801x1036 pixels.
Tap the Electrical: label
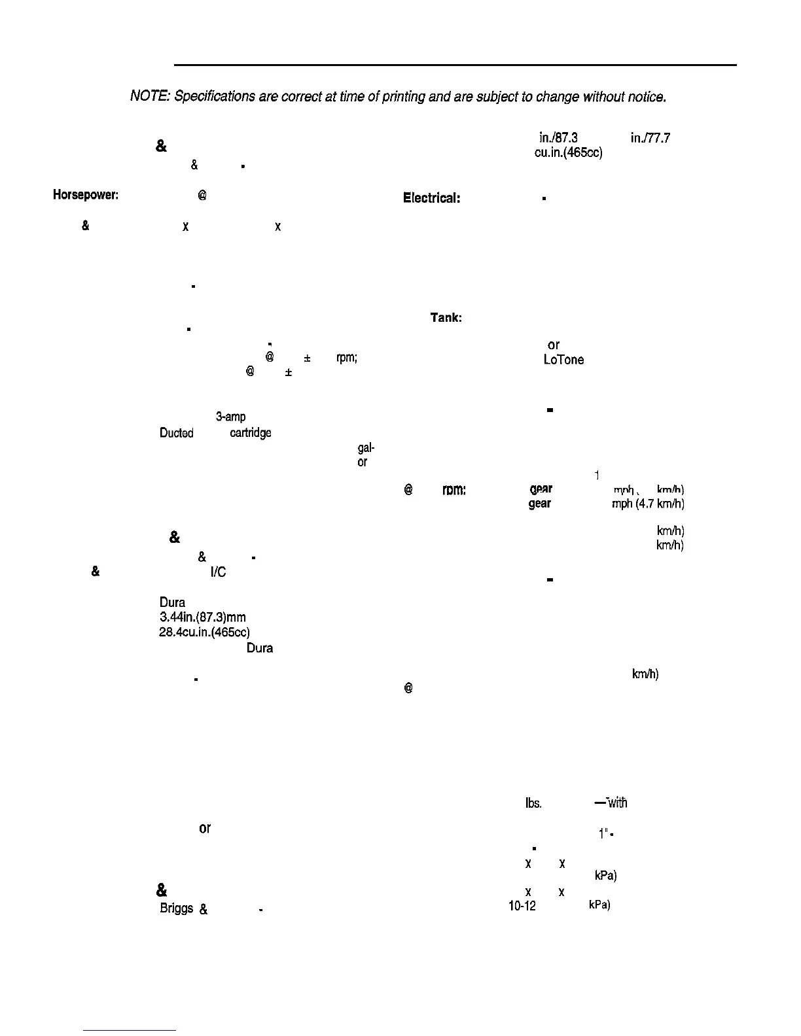tap(432, 198)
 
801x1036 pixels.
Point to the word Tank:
tap(446, 318)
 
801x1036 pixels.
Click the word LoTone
tap(563, 360)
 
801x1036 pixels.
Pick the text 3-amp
tap(230, 417)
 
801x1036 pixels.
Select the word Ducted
tap(176, 433)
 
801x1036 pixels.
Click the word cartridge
tap(251, 433)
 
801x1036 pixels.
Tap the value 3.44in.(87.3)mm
tap(202, 617)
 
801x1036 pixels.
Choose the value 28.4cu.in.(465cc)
tap(204, 632)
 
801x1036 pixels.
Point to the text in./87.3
tap(558, 138)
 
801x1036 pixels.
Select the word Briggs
tap(176, 908)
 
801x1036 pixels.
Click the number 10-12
tap(522, 906)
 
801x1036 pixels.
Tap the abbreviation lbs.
tap(533, 803)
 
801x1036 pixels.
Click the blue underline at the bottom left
tap(130, 1031)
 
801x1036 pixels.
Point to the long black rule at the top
tap(455, 65)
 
